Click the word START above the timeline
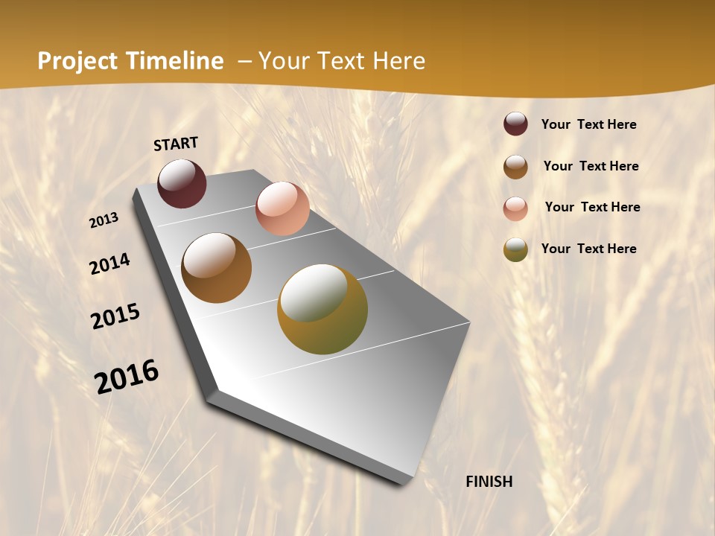point(176,144)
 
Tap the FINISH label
point(489,482)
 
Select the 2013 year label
point(104,220)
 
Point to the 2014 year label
point(110,264)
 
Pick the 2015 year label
point(115,316)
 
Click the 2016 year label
point(127,377)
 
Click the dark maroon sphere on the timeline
point(182,183)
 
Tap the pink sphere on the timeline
point(282,208)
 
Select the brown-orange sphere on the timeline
point(216,268)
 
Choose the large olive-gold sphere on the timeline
point(322,309)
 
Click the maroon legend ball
point(515,124)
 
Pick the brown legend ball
point(515,167)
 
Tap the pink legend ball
point(515,208)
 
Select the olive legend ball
point(515,249)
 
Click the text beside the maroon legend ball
point(588,124)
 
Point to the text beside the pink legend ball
point(592,207)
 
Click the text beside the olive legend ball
point(588,249)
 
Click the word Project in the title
point(77,61)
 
